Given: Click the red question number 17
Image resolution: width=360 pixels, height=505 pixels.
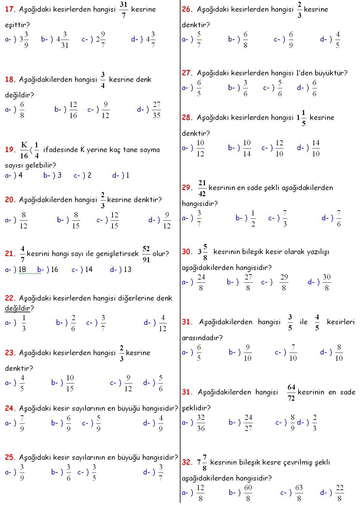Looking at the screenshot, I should click(10, 9).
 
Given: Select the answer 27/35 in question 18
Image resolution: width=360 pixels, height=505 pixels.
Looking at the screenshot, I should click(156, 110).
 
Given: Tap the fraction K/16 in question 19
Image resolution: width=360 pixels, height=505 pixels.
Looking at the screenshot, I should click(24, 150).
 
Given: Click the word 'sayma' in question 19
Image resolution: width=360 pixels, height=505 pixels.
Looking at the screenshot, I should click(151, 150).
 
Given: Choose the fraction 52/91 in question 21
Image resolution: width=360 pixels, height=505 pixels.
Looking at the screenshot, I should click(146, 254).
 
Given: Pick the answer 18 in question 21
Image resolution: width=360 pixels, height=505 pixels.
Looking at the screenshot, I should click(22, 269).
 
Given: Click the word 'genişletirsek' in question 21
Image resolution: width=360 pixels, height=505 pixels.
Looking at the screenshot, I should click(118, 254).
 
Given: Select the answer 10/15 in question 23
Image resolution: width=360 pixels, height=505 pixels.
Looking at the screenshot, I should click(70, 383).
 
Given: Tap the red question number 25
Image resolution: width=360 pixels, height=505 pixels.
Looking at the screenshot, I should click(10, 457).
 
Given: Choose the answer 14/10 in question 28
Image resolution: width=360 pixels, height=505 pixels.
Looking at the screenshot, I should click(316, 148).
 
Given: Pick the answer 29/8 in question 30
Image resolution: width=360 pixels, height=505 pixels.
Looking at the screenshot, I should click(284, 282).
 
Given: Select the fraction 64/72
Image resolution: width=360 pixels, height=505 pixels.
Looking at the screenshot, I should click(291, 393).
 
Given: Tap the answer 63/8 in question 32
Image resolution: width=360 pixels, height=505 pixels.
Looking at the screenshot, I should click(299, 493).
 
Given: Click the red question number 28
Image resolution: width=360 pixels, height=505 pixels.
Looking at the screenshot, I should click(187, 118).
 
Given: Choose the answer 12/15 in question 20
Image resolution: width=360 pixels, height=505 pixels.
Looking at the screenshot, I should click(114, 220).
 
